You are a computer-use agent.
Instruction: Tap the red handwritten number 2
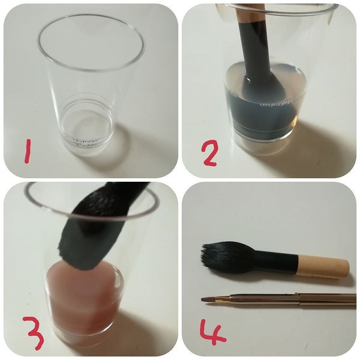click(x=209, y=153)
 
